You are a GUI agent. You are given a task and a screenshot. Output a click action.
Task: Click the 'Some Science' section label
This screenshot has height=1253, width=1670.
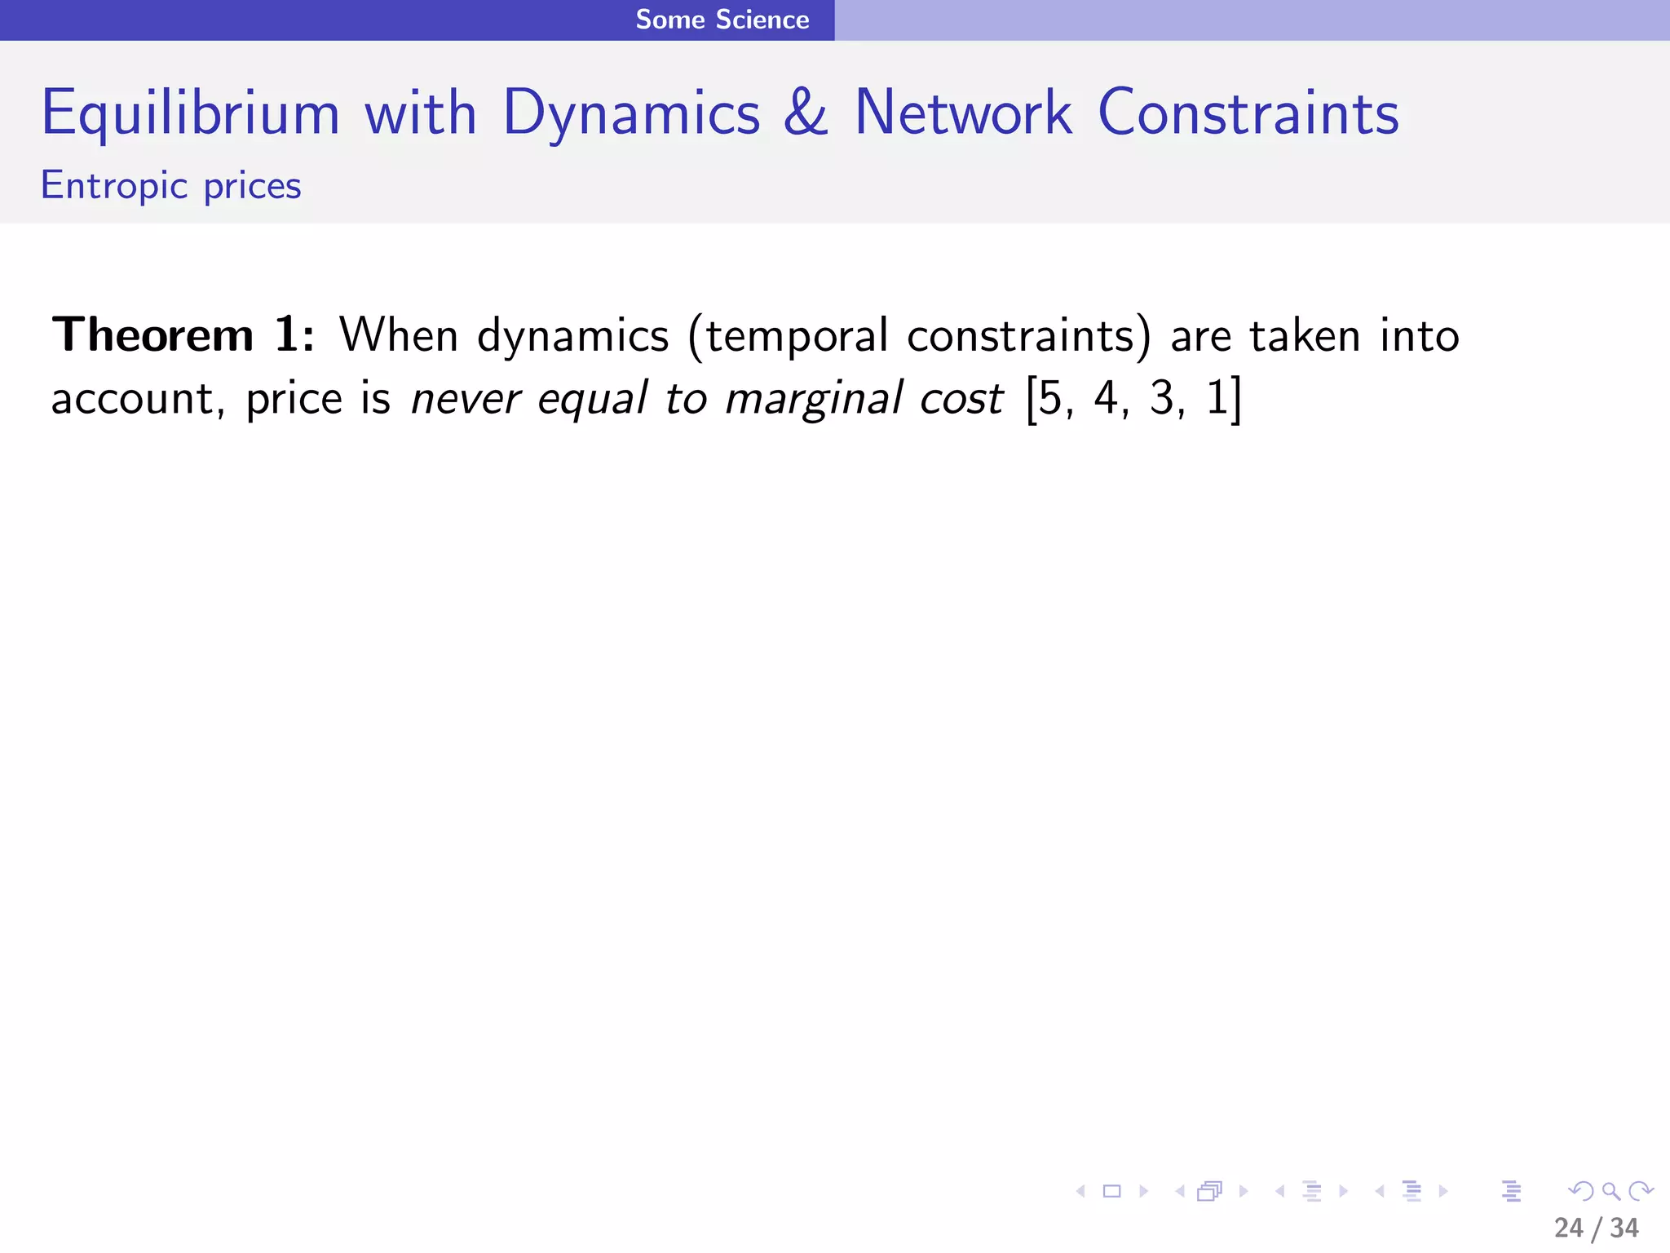click(722, 20)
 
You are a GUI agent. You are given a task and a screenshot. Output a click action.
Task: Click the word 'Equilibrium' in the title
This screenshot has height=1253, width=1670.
click(190, 113)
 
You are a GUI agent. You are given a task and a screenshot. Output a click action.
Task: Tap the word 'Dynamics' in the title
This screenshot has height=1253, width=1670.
click(631, 113)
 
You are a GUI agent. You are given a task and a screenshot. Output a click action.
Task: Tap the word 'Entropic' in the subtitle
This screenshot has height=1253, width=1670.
click(114, 187)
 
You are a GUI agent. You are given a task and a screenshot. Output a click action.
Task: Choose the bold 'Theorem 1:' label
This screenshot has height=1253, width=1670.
click(183, 335)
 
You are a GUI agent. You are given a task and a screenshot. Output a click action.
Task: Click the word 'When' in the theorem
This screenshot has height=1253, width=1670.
click(399, 335)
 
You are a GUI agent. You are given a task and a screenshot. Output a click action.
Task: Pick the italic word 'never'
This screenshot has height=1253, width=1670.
click(465, 400)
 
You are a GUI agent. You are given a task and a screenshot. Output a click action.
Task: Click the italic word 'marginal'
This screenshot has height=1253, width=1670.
click(814, 400)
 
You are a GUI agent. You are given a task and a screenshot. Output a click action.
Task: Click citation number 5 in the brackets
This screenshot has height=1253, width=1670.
click(1050, 399)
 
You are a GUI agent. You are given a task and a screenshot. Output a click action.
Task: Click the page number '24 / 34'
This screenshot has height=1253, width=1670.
click(1596, 1228)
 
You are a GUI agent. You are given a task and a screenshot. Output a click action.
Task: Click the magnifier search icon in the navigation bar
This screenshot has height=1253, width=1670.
click(1610, 1191)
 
